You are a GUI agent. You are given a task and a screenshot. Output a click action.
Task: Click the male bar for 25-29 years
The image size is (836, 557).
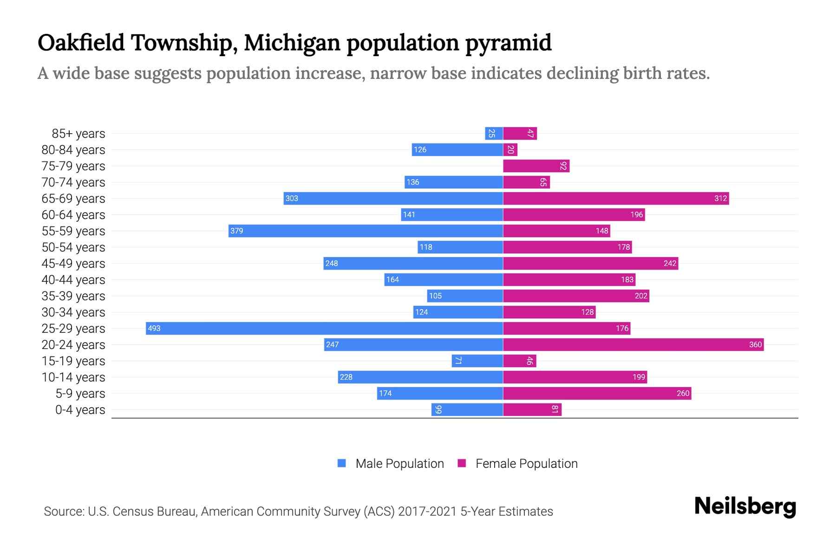tap(324, 328)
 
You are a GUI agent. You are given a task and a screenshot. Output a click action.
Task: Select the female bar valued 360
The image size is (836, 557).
tap(633, 344)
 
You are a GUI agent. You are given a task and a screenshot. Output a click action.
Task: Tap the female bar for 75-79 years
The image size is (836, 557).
tap(536, 166)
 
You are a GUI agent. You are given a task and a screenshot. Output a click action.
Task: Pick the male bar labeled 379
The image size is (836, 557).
tap(366, 231)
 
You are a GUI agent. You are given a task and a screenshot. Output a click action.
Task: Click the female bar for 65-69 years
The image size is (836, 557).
tap(616, 198)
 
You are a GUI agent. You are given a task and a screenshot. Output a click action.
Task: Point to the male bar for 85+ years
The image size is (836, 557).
tap(494, 134)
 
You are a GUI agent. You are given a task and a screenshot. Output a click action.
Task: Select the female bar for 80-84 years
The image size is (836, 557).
tap(510, 149)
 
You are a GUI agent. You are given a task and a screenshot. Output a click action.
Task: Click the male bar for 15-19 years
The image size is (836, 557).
tap(477, 361)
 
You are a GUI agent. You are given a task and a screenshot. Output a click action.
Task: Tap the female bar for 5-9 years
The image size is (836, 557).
tap(597, 393)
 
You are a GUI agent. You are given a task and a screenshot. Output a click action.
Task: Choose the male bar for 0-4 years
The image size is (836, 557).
tap(467, 409)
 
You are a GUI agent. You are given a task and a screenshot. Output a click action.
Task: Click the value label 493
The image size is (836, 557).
tap(154, 328)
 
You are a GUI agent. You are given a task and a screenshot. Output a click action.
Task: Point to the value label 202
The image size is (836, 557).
tap(641, 296)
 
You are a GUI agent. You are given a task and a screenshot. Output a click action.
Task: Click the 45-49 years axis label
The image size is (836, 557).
tap(73, 263)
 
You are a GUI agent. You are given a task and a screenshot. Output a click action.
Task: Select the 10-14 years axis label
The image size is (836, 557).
tap(73, 377)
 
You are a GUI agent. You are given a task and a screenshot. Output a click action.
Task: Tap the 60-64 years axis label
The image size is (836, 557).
tap(73, 214)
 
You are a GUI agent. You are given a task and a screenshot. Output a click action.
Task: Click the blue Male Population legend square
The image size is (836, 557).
tap(342, 463)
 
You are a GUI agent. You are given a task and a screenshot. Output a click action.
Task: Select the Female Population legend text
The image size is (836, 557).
tap(526, 463)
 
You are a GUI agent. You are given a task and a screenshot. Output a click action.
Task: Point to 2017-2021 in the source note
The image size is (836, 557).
tap(427, 511)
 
